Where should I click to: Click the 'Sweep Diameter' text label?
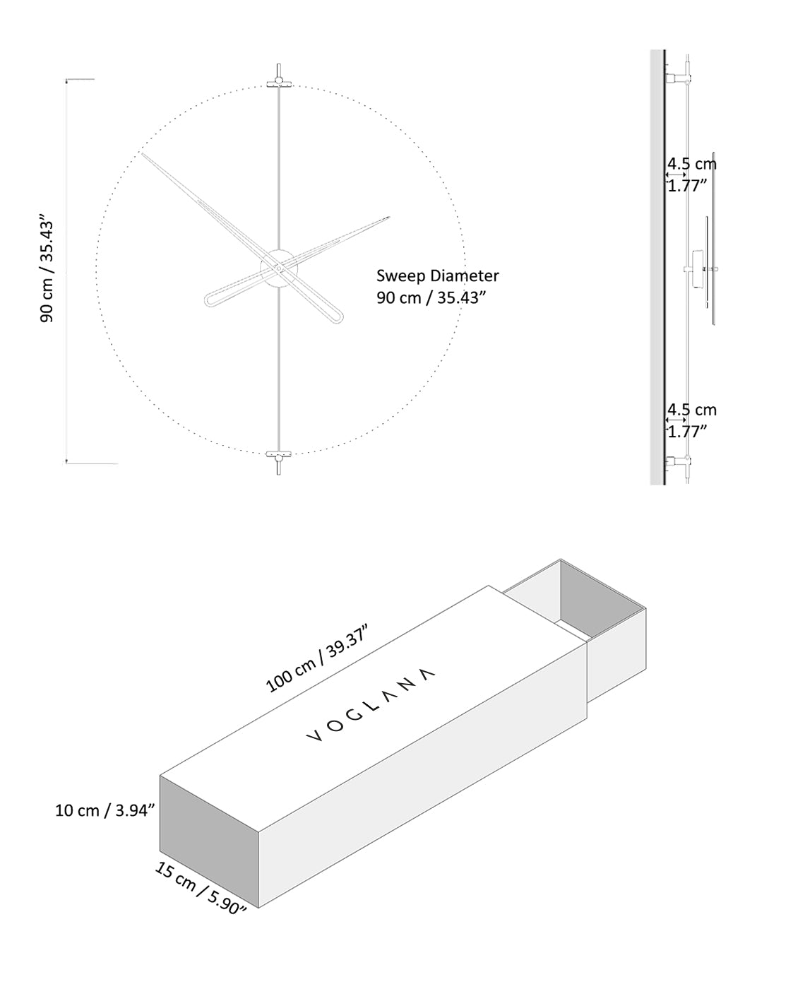click(x=437, y=276)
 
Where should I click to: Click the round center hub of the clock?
click(x=279, y=268)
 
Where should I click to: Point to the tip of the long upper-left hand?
click(x=143, y=155)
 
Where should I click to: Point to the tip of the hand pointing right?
click(x=388, y=218)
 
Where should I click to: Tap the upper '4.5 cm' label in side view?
click(x=692, y=164)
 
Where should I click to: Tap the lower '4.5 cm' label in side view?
click(x=692, y=410)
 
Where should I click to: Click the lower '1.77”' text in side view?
click(x=687, y=432)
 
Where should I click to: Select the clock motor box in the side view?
click(x=699, y=270)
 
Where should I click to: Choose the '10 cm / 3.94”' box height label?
click(x=105, y=810)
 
